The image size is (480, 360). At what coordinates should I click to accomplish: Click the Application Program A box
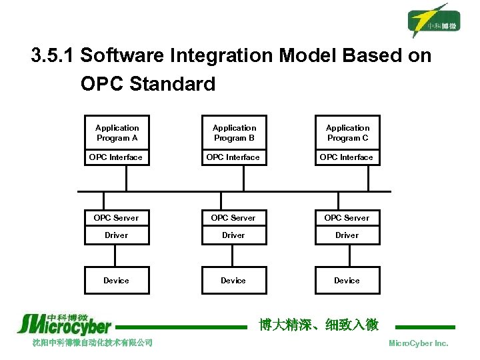117,133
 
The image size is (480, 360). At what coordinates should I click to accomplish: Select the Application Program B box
234,133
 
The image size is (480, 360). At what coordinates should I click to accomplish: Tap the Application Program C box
347,133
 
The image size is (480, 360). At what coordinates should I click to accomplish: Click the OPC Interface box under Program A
117,157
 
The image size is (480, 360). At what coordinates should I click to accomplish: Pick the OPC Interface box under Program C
347,157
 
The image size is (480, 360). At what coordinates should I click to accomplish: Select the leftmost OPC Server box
117,218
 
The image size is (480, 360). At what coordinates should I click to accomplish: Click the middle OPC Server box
234,218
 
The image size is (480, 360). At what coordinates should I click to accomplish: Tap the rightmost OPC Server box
347,218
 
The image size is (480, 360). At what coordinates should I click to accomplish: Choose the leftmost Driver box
117,235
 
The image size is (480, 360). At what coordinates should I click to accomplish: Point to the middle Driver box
234,235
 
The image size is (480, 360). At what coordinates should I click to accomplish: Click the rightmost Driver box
347,235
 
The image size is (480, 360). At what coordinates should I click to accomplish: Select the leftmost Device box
117,281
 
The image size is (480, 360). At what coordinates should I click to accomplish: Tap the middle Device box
234,281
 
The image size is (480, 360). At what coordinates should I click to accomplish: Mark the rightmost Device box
347,281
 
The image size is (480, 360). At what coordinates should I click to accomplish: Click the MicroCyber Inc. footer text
418,343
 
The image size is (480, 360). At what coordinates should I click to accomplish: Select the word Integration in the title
224,56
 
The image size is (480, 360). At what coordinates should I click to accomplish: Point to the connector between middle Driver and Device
234,255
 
